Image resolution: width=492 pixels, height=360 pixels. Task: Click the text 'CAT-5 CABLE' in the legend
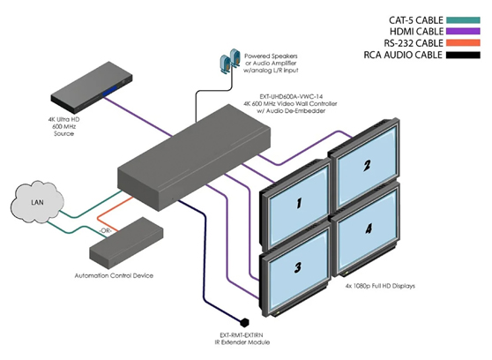tap(402, 19)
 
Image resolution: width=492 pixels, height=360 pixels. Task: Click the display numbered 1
tap(298, 206)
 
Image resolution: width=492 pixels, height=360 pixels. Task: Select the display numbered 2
tap(365, 167)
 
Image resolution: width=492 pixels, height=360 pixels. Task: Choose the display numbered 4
tap(367, 231)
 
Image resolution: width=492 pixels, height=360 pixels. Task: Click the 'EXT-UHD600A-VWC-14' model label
tap(281, 101)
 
